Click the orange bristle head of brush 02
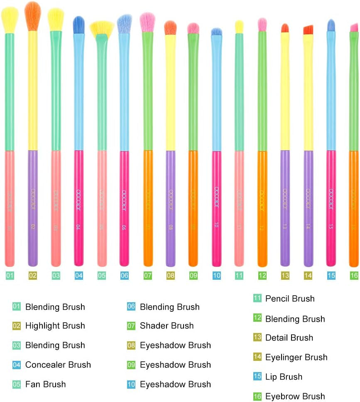point(33,15)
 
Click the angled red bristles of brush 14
point(308,30)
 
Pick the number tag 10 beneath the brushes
point(216,276)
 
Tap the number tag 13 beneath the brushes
point(285,276)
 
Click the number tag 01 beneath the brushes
point(10,276)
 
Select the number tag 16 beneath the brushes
point(354,276)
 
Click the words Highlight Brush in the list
point(55,326)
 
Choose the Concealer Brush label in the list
point(58,365)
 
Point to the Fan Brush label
point(45,385)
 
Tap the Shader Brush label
point(167,326)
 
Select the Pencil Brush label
point(290,299)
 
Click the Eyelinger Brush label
point(296,358)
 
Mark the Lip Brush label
point(284,377)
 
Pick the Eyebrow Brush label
point(295,397)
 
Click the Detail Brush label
point(289,338)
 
